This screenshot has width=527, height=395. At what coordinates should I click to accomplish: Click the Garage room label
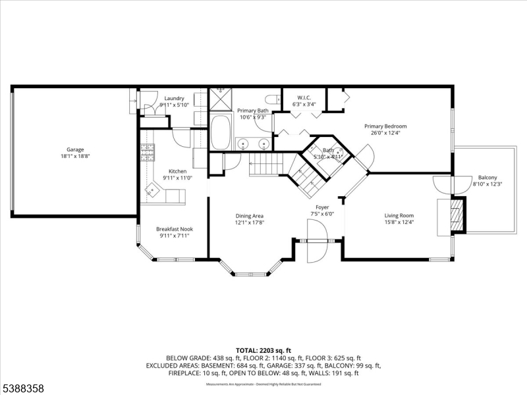pyautogui.click(x=75, y=149)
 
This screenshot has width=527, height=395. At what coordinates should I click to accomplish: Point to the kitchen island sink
pyautogui.click(x=153, y=190)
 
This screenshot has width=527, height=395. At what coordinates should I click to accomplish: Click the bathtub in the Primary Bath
pyautogui.click(x=220, y=132)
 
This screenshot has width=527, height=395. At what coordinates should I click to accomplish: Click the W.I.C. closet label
pyautogui.click(x=304, y=98)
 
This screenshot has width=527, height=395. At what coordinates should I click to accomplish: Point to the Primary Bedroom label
pyautogui.click(x=385, y=126)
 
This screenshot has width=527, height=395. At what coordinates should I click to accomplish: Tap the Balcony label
pyautogui.click(x=487, y=178)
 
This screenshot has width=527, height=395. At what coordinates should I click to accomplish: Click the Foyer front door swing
pyautogui.click(x=318, y=233)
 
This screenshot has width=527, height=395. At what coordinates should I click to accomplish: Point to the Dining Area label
pyautogui.click(x=250, y=216)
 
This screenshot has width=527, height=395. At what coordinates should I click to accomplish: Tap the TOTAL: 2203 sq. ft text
pyautogui.click(x=263, y=350)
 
